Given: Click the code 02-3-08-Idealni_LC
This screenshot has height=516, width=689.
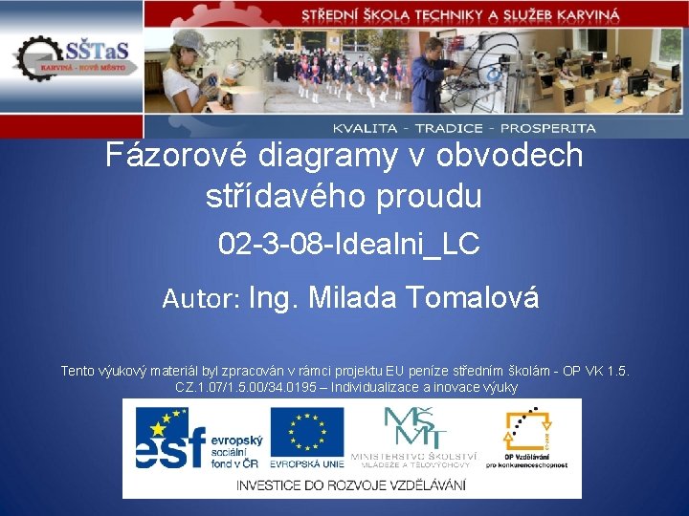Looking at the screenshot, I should pyautogui.click(x=348, y=245).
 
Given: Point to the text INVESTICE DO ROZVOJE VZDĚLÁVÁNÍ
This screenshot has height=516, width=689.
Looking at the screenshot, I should pyautogui.click(x=351, y=484).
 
